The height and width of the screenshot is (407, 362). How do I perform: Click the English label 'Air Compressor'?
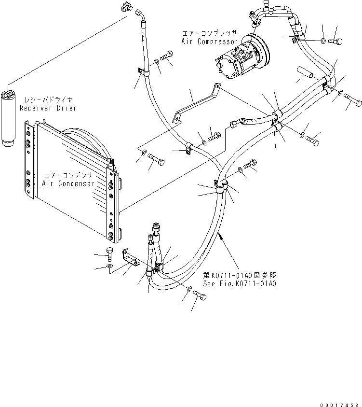(209, 42)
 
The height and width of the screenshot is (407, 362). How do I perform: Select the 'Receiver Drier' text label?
(48, 108)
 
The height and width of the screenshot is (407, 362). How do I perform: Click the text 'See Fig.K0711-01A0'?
(240, 284)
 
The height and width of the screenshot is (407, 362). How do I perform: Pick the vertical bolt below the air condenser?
(110, 254)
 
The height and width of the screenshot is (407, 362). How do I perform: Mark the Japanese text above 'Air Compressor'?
(209, 33)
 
